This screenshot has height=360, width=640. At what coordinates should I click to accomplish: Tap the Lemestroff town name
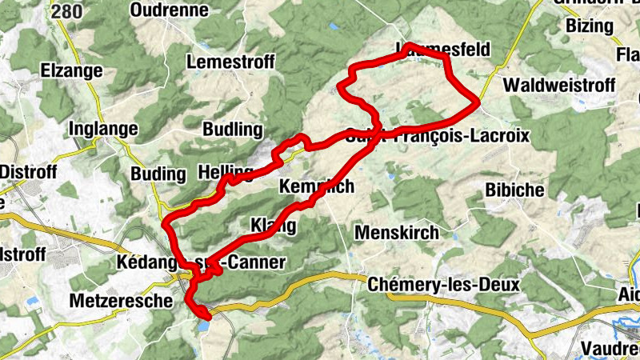point(230,62)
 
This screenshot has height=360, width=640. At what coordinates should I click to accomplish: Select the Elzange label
point(72,70)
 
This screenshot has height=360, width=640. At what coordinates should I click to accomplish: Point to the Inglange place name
point(104,129)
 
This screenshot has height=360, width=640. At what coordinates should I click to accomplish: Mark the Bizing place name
point(589,26)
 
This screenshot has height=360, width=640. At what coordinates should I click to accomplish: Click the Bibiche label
point(514,190)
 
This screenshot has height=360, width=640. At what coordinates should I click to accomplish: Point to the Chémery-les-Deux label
point(443,285)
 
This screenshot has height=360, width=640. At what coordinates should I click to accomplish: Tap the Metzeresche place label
point(122,302)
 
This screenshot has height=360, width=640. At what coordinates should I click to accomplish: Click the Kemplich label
point(315,186)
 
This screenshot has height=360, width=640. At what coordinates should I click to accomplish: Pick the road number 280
point(66,10)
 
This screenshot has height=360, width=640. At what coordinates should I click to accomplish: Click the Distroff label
point(25,171)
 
